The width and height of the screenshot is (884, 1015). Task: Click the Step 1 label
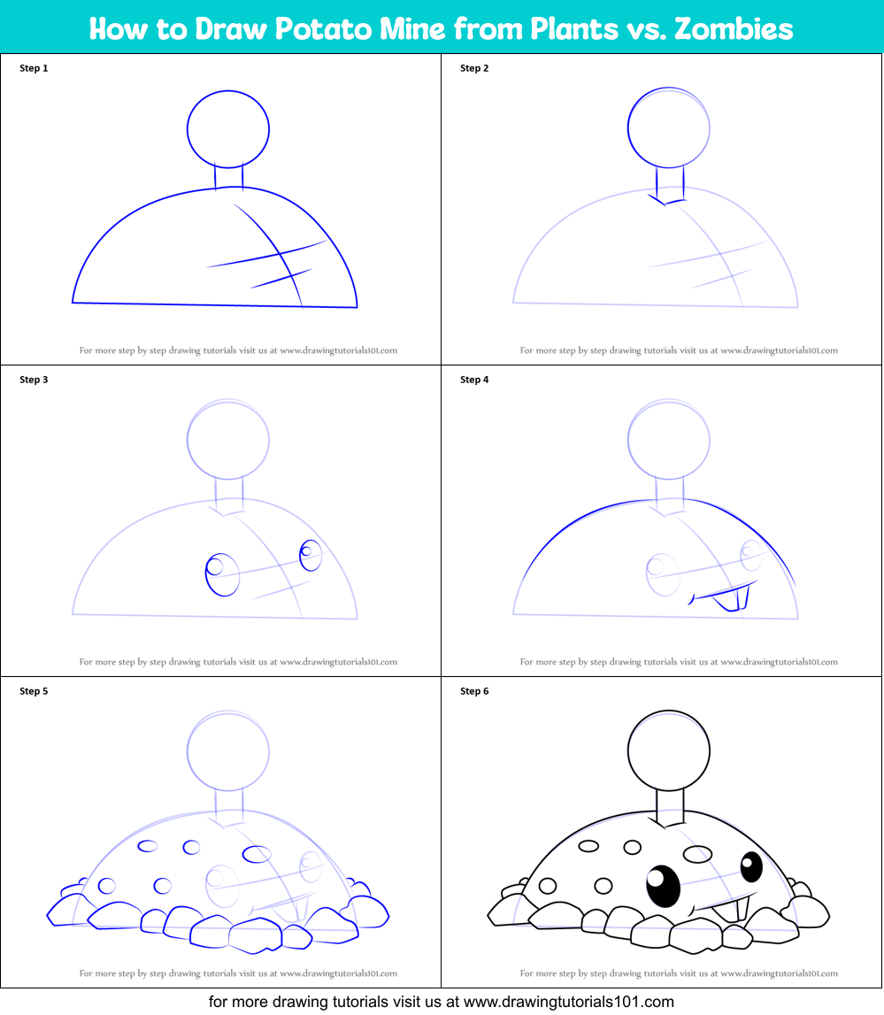click(x=34, y=68)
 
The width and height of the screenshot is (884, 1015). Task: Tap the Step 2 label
click(x=474, y=68)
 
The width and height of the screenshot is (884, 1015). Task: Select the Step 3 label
click(x=34, y=380)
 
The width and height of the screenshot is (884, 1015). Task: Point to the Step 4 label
click(x=474, y=380)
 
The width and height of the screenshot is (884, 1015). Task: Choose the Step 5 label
click(x=34, y=691)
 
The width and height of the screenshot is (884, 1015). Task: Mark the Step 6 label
click(x=474, y=691)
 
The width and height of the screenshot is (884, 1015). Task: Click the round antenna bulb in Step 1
click(x=228, y=129)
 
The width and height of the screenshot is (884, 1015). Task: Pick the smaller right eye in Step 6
click(x=751, y=866)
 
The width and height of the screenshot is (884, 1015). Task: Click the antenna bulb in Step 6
click(x=668, y=751)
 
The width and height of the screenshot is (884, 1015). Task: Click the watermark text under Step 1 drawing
click(x=238, y=350)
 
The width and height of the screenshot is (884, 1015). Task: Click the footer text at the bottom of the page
click(x=442, y=1002)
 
